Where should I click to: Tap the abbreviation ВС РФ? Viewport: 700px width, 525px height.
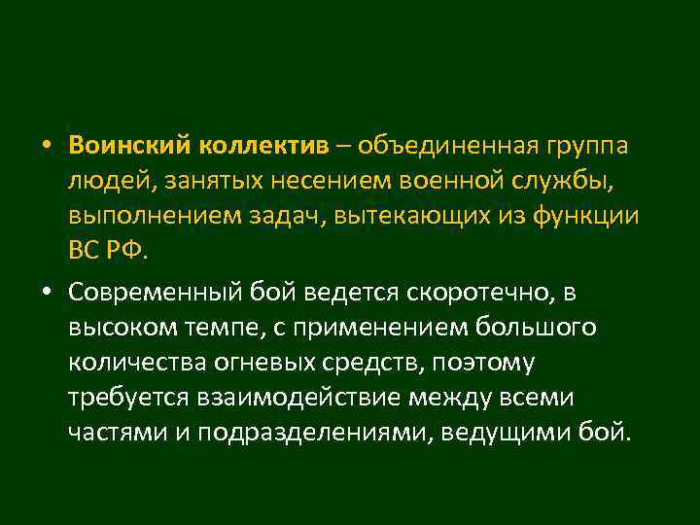click(x=108, y=251)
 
